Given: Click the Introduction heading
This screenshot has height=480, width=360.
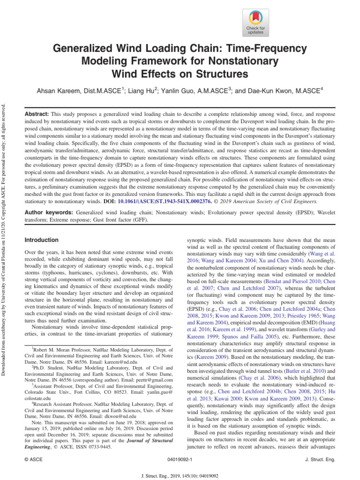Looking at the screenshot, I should click(41, 240).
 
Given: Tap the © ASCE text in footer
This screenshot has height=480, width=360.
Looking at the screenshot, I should click(33, 460).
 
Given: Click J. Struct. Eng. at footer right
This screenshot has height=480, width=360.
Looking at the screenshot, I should click(320, 460).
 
